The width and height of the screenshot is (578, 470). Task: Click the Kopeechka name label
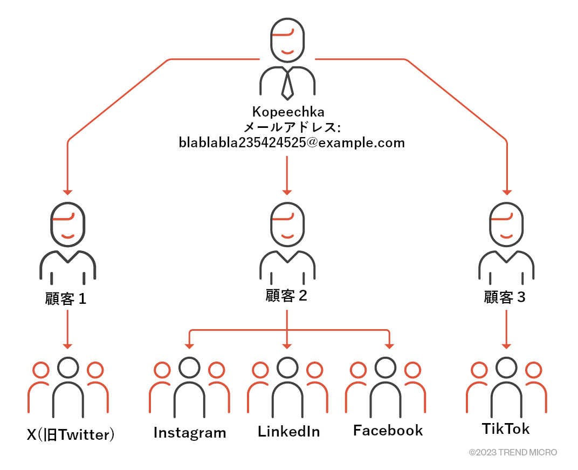click(x=288, y=112)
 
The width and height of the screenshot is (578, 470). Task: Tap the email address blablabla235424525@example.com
click(x=292, y=143)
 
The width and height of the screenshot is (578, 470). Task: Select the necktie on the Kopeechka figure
click(x=288, y=83)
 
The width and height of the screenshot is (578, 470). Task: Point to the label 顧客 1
click(x=66, y=298)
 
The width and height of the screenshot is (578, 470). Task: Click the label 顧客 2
click(x=286, y=296)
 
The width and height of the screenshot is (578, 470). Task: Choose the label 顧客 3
click(x=505, y=297)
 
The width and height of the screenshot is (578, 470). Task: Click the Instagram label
click(x=190, y=433)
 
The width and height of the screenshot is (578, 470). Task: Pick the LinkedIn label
click(x=288, y=432)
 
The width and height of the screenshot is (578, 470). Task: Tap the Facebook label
click(x=388, y=431)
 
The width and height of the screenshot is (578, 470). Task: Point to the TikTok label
click(x=506, y=429)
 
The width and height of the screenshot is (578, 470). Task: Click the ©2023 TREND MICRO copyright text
click(x=513, y=452)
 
